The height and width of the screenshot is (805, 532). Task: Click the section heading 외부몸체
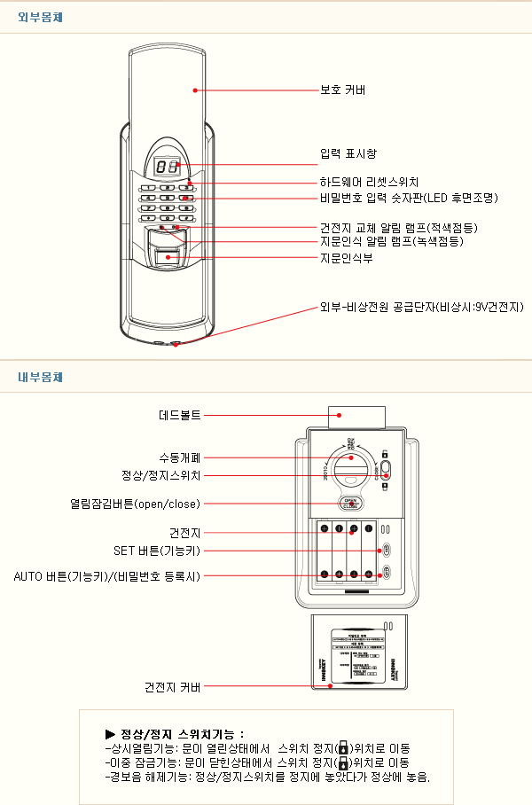(39, 17)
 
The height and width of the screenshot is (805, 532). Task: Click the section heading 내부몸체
(39, 377)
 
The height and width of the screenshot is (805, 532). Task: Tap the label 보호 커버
(343, 90)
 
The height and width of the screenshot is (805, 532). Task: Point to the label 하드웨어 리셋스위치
(368, 182)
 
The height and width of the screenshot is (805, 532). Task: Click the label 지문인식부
(346, 258)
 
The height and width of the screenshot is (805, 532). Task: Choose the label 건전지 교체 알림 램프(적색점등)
(391, 228)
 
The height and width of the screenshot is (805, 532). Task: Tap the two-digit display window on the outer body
(167, 166)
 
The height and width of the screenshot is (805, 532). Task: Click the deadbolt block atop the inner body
(357, 417)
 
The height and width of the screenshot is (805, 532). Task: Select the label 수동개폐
(180, 457)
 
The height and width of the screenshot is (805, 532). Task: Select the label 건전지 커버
(173, 686)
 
